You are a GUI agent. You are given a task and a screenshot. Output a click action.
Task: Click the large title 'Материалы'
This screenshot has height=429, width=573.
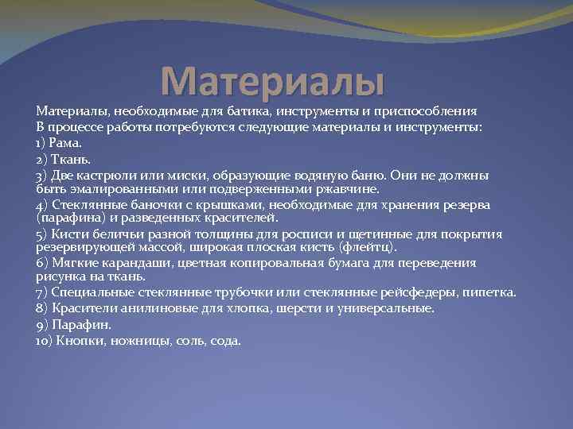[272, 80]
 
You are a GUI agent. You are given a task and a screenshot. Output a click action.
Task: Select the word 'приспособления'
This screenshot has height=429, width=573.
[427, 112]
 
